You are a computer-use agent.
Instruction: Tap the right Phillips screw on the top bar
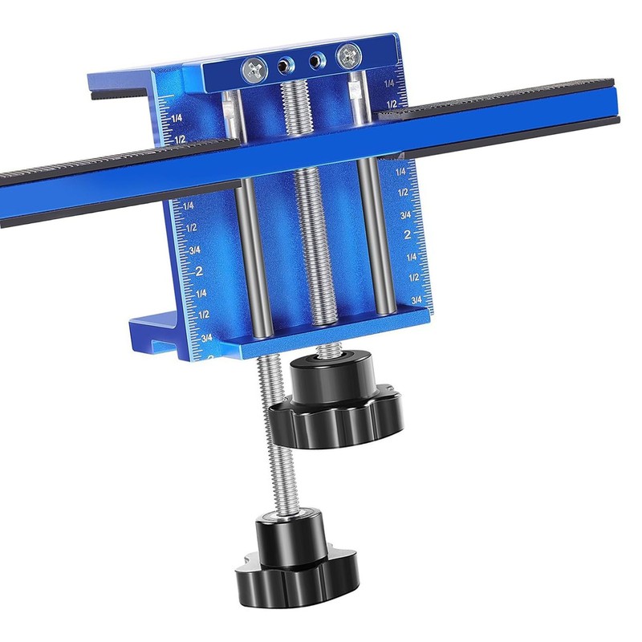[x=348, y=55]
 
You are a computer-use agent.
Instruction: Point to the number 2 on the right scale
[x=408, y=235]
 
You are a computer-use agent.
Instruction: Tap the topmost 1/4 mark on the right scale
[x=389, y=83]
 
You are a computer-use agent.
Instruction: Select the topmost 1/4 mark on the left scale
[x=178, y=117]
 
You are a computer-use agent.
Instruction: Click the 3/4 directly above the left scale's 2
[x=194, y=249]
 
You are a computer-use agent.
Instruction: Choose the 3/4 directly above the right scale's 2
[x=405, y=214]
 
